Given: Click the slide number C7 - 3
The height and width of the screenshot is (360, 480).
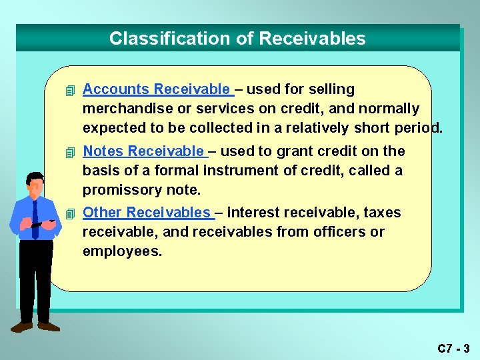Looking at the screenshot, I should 453,348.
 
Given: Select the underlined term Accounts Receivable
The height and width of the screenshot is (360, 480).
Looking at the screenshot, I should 157,89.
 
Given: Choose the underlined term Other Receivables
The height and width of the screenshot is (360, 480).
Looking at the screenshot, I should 147,213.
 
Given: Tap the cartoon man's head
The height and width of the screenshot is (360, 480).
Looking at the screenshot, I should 35,183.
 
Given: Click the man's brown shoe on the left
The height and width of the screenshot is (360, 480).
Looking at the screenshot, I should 22,327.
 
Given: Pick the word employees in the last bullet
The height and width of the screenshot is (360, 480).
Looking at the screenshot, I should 122,251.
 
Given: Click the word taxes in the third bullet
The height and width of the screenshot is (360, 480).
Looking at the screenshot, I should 382,213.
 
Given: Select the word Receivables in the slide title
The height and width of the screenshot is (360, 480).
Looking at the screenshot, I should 312,39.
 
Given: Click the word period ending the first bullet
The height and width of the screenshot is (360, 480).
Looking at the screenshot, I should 418,128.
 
